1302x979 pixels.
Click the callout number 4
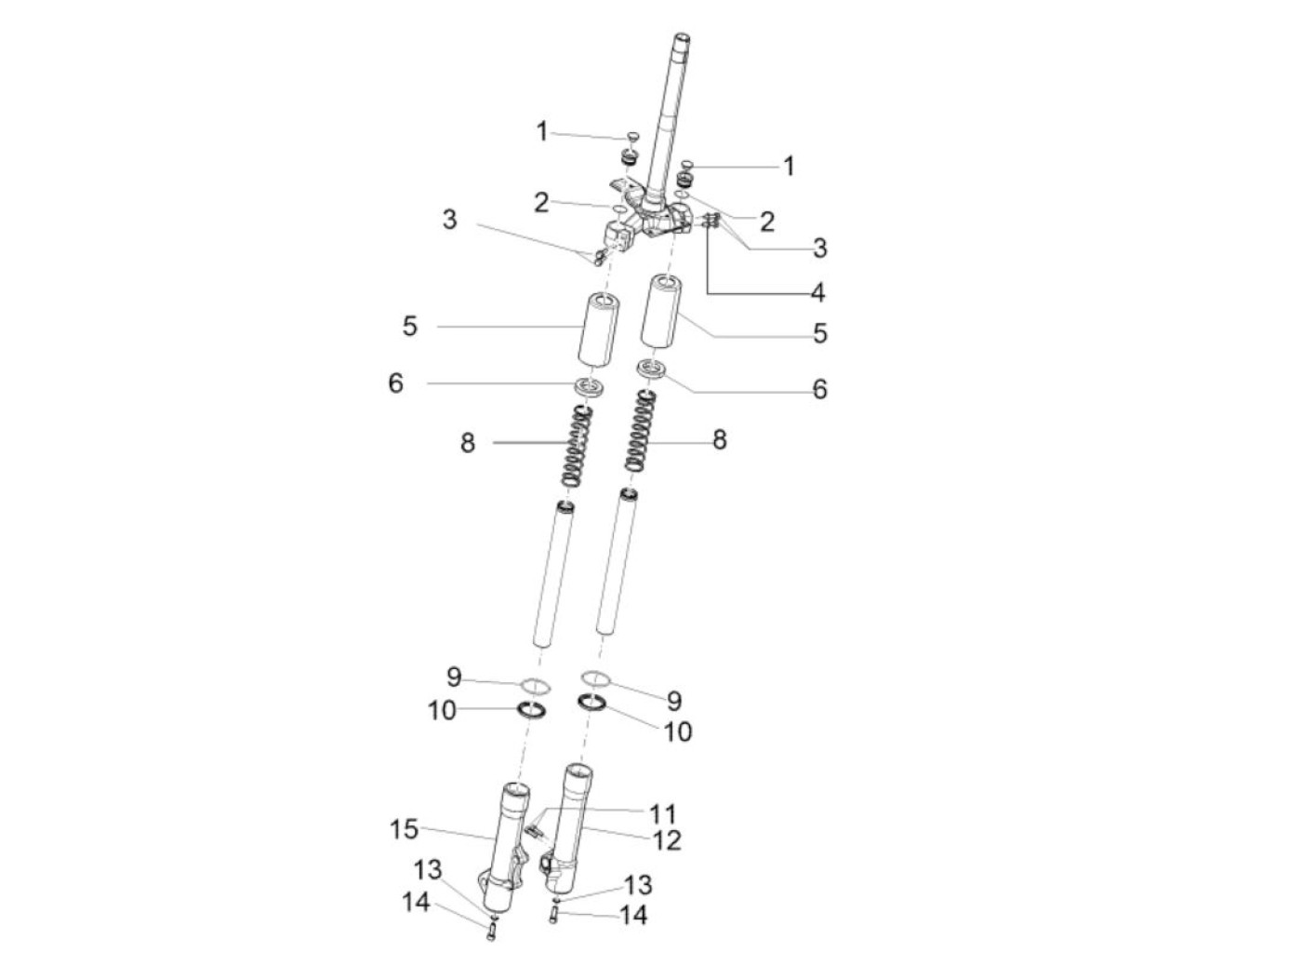coord(817,292)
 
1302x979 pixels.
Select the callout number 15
coord(404,829)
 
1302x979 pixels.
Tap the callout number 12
coord(666,840)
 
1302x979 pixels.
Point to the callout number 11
coord(662,813)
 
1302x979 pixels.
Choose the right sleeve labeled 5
coord(661,311)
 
